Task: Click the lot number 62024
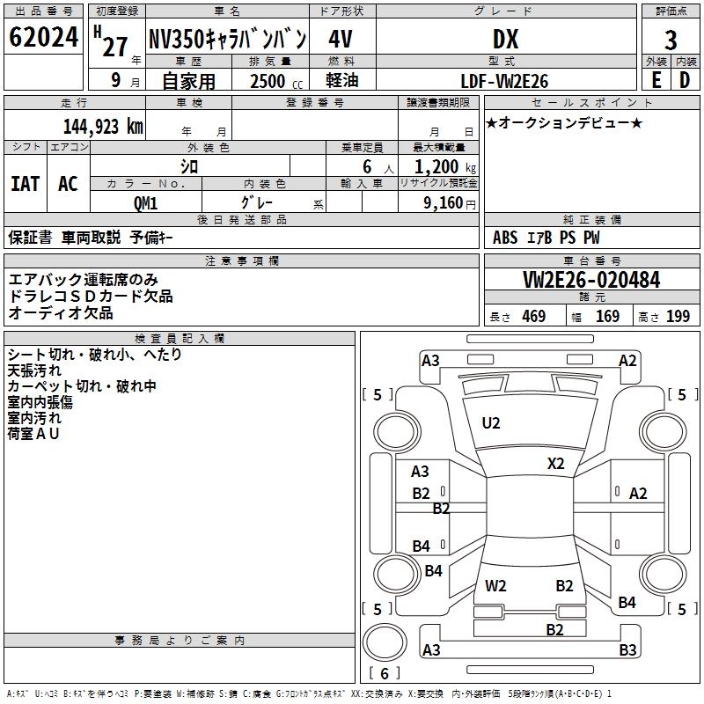tap(43, 37)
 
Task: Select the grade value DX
tap(506, 39)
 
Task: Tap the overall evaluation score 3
tap(671, 40)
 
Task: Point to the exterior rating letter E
tap(656, 80)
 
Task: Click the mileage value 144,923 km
tap(103, 127)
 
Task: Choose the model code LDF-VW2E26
tap(504, 81)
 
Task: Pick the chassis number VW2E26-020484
tap(591, 280)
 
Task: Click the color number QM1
tap(146, 203)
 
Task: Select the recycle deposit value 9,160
tap(444, 203)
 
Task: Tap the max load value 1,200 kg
tap(445, 167)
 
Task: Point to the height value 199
tap(678, 316)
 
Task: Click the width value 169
tap(607, 316)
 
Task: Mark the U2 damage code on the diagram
tap(491, 423)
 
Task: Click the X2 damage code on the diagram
tap(556, 464)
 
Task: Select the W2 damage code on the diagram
tap(495, 586)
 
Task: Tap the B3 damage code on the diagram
tap(627, 649)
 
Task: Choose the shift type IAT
tap(26, 184)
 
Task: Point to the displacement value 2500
tap(268, 81)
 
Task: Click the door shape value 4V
tap(341, 39)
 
